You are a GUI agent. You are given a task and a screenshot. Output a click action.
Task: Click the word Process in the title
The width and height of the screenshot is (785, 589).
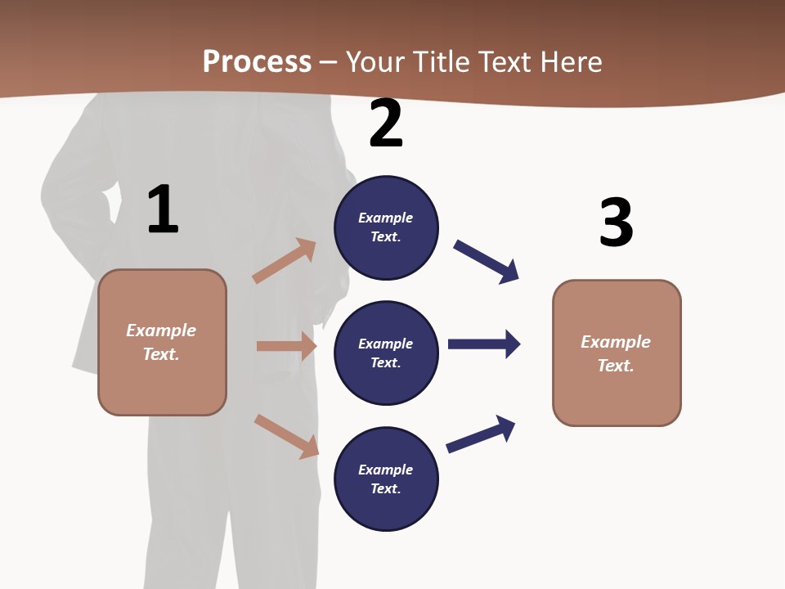tap(257, 62)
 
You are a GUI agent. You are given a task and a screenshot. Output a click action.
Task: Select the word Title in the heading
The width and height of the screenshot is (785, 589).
tap(442, 62)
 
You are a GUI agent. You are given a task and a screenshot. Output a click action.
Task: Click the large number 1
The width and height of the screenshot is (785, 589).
tap(163, 210)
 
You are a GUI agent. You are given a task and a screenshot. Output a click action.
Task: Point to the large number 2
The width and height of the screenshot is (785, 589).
tap(386, 124)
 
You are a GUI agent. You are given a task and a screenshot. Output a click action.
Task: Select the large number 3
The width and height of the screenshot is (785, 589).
tap(616, 223)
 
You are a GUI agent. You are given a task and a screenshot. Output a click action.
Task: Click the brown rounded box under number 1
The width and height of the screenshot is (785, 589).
tap(162, 342)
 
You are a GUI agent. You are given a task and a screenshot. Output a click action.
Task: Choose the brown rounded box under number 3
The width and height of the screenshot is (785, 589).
tap(617, 353)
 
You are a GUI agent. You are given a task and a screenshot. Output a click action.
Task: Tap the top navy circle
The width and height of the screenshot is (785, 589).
tap(386, 227)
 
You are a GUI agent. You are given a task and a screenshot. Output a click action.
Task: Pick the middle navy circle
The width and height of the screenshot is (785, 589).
tap(386, 353)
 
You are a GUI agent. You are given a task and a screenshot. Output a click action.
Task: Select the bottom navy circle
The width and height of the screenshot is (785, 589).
tap(386, 479)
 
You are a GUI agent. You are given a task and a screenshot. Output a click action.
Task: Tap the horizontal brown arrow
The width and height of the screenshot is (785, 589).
tap(286, 346)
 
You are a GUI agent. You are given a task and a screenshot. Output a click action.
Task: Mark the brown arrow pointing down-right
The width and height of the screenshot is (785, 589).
tap(286, 436)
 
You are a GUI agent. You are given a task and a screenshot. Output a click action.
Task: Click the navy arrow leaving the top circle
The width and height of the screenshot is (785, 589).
tap(487, 262)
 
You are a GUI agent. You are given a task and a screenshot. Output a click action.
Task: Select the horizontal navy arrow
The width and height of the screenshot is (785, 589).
tap(484, 344)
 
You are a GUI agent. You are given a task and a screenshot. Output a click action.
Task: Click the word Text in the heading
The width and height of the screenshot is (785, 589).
tap(505, 62)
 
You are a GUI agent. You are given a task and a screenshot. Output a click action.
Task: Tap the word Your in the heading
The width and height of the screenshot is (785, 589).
tap(376, 62)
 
